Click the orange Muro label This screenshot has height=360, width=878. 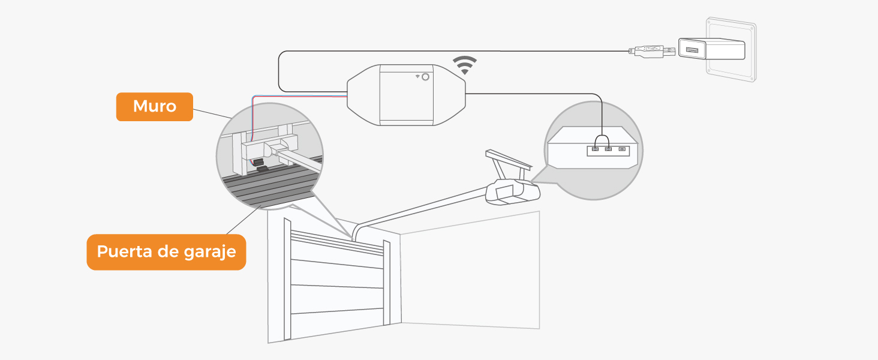click(154, 107)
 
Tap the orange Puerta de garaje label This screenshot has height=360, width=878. click(166, 251)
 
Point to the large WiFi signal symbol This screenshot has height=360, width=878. click(465, 65)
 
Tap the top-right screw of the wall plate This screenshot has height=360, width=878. click(750, 27)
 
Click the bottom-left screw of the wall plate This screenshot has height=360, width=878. click(710, 71)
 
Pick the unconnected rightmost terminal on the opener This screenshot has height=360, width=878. click(622, 148)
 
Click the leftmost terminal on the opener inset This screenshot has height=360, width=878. click(595, 148)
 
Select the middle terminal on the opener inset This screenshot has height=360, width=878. click(608, 148)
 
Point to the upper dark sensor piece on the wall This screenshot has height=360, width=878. click(258, 162)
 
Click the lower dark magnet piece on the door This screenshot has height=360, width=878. click(263, 170)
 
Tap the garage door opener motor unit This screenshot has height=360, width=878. click(513, 192)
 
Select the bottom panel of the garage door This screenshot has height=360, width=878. click(336, 324)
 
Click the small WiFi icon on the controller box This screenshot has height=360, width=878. click(417, 77)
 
